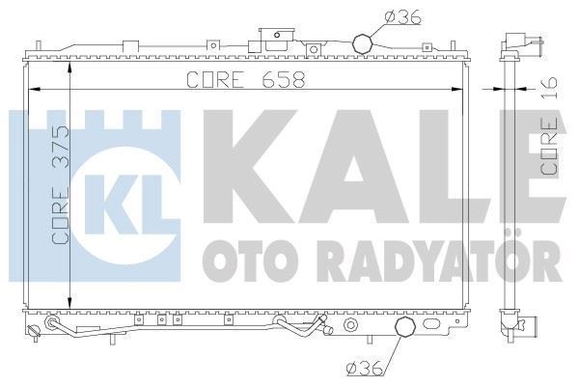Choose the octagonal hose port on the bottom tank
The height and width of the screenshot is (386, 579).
[407, 331]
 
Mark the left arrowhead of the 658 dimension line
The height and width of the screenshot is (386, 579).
[36, 90]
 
